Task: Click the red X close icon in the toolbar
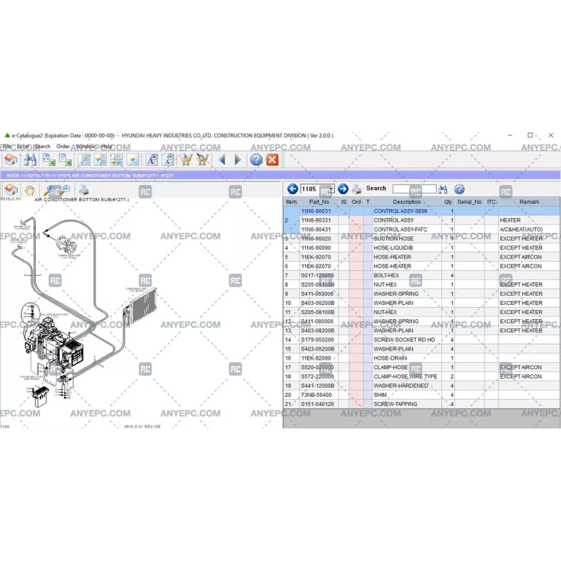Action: (273, 160)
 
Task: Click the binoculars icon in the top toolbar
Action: (30, 160)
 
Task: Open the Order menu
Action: (63, 147)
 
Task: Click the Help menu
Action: (107, 147)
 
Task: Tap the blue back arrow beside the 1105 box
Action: (293, 189)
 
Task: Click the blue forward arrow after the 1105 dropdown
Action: (343, 189)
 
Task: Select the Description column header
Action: (407, 202)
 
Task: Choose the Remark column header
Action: (529, 202)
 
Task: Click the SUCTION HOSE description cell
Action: (393, 238)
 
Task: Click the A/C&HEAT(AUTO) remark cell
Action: (521, 229)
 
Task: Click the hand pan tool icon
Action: (30, 190)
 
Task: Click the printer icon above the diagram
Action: (83, 190)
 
